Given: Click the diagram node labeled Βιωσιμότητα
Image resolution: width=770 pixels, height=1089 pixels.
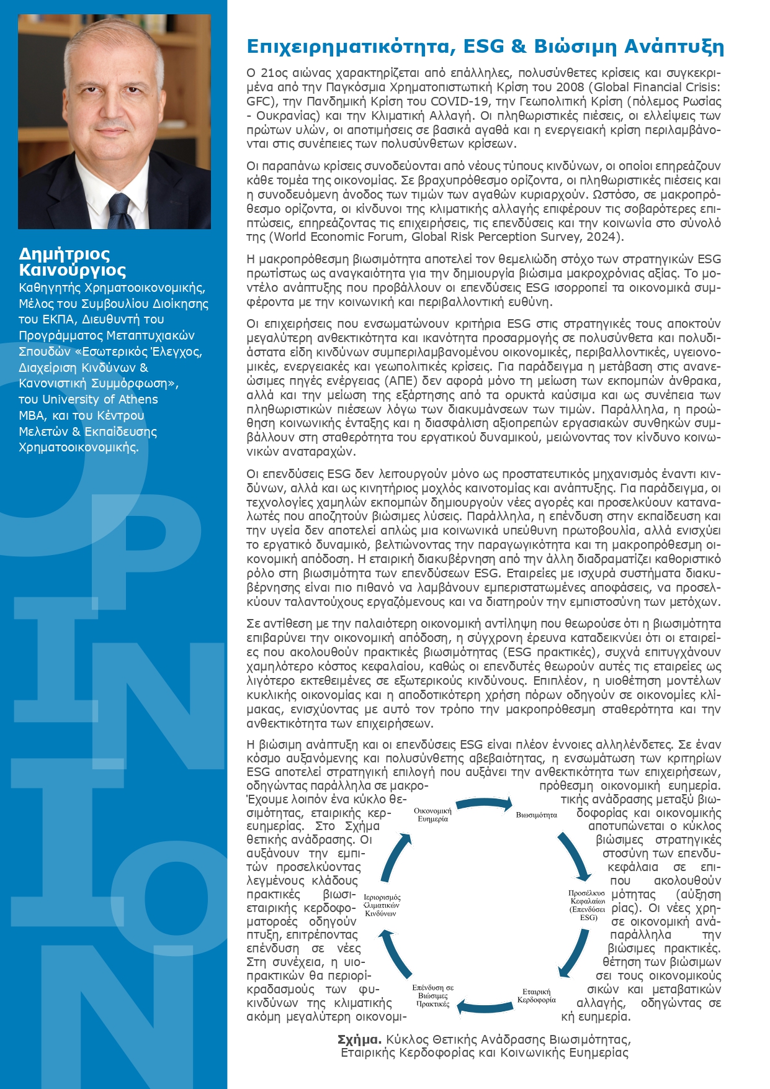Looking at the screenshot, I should pyautogui.click(x=536, y=815).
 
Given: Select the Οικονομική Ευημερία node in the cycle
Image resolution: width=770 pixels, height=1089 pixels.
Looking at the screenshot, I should pyautogui.click(x=432, y=815).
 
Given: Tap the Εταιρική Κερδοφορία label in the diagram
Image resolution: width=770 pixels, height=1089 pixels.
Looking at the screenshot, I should pyautogui.click(x=536, y=995).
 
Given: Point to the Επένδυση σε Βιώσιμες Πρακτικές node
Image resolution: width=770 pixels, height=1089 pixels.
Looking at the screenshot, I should pyautogui.click(x=432, y=995).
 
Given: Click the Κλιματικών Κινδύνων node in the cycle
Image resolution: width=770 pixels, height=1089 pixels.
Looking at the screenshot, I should pyautogui.click(x=382, y=905).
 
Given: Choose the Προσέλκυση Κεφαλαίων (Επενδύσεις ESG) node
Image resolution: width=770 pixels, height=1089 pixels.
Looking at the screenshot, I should pyautogui.click(x=588, y=905).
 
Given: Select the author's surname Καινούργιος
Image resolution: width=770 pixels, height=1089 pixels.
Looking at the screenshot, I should pyautogui.click(x=72, y=270).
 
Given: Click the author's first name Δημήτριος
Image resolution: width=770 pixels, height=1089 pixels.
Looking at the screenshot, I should pyautogui.click(x=65, y=254).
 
